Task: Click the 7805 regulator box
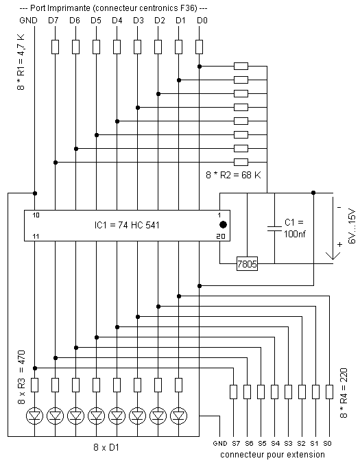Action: [x=247, y=263]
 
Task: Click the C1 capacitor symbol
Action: [x=274, y=228]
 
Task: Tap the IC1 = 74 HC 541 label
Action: [x=127, y=226]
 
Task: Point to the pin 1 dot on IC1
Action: [x=223, y=225]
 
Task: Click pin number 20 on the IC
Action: [x=221, y=236]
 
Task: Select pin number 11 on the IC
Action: [x=36, y=237]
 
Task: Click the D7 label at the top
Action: [x=53, y=21]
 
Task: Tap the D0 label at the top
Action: [x=202, y=21]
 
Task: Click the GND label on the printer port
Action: [x=29, y=21]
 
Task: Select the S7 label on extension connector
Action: [x=236, y=443]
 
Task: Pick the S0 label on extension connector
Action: [x=327, y=443]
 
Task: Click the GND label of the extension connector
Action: [x=220, y=443]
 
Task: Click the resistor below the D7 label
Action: [x=55, y=47]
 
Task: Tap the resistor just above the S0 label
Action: [x=329, y=392]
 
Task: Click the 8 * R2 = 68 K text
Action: [x=233, y=175]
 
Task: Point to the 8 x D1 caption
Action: [x=106, y=447]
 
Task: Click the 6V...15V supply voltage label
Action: [x=352, y=226]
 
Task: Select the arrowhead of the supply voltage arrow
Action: [x=333, y=256]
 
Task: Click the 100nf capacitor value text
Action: [x=294, y=234]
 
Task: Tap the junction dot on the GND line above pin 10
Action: [x=35, y=193]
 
